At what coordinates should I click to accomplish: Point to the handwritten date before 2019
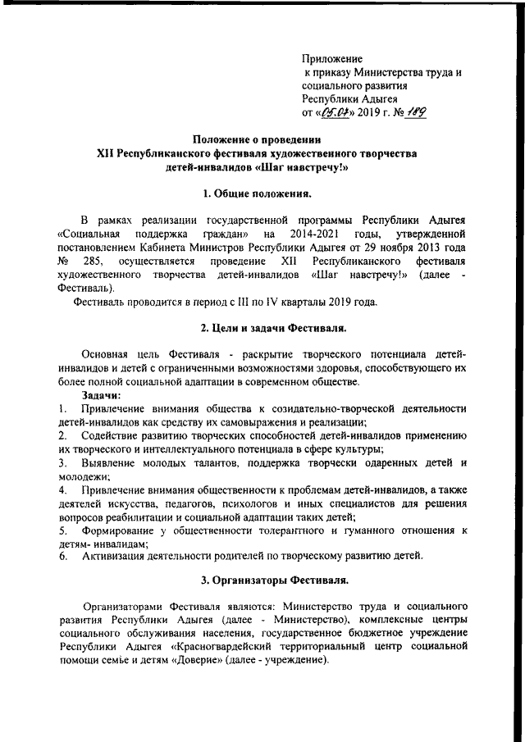pyautogui.click(x=336, y=113)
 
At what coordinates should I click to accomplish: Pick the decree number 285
pyautogui.click(x=93, y=262)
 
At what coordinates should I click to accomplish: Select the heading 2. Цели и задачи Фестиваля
pyautogui.click(x=262, y=330)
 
